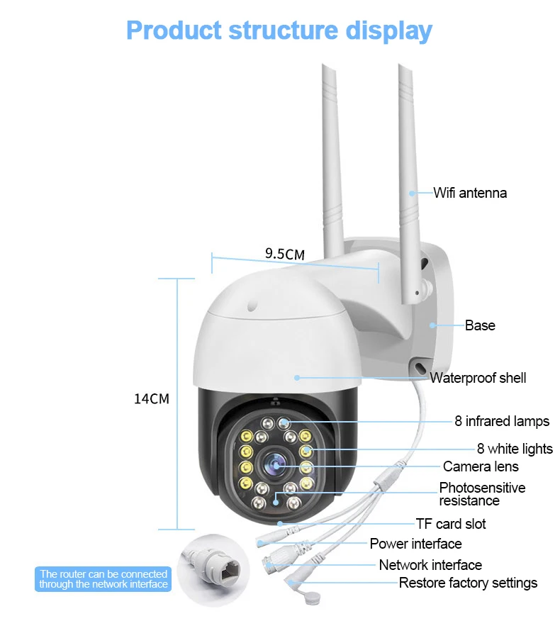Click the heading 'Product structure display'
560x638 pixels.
point(279,30)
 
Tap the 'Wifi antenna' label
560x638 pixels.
point(470,193)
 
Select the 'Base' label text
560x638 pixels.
point(480,325)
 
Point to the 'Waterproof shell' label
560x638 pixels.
point(478,378)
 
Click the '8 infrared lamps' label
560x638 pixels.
point(502,421)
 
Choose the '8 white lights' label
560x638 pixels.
point(515,449)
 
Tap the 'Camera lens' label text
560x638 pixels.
point(481,466)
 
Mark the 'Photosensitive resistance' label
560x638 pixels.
point(482,494)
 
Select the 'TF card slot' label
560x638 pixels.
point(451,524)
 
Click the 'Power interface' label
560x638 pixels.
point(415,544)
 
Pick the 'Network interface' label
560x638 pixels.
point(430,565)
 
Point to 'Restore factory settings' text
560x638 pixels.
point(468,583)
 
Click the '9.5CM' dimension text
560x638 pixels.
point(285,254)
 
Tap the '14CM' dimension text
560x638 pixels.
point(152,398)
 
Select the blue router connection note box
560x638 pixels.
point(103,579)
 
